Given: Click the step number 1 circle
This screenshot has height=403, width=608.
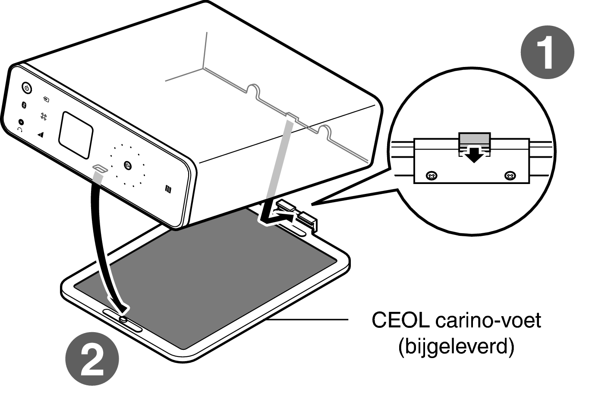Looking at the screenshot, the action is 547,52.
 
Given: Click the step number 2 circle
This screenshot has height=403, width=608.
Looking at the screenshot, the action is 92,359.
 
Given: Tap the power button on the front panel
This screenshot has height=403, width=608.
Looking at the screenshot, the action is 27,88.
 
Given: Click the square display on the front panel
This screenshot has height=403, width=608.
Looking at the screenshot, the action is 76,135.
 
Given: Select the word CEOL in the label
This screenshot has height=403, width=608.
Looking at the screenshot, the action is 400,320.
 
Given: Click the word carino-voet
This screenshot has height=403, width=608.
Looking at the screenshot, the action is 488,320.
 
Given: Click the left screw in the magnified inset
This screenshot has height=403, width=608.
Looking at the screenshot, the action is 432,175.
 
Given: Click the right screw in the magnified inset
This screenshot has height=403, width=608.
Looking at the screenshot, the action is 510,175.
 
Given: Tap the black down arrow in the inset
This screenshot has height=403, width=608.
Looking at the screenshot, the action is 474,155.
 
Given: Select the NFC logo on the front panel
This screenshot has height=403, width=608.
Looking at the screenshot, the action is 168,189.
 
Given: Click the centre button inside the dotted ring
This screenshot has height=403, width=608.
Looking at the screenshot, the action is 128,165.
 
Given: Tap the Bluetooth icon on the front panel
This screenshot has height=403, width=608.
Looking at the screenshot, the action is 24,105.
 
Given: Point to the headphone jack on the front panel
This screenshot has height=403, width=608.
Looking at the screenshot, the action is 21,122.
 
